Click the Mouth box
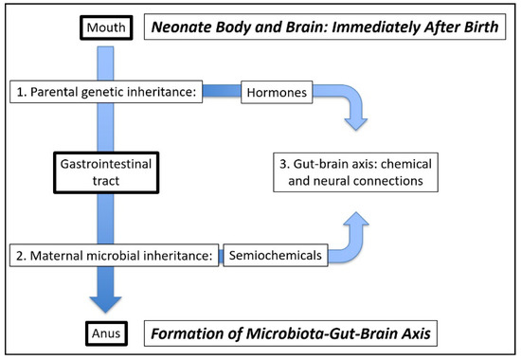click(106, 27)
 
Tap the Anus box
click(106, 333)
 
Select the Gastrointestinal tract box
click(106, 172)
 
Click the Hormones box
click(277, 92)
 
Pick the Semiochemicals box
click(276, 255)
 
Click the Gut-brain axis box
click(355, 172)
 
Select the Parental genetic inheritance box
click(106, 92)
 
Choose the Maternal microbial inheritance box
click(114, 255)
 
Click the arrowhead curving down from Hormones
click(356, 124)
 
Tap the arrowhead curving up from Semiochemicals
click(356, 219)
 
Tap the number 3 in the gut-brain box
click(283, 164)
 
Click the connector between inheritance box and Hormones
click(222, 91)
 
